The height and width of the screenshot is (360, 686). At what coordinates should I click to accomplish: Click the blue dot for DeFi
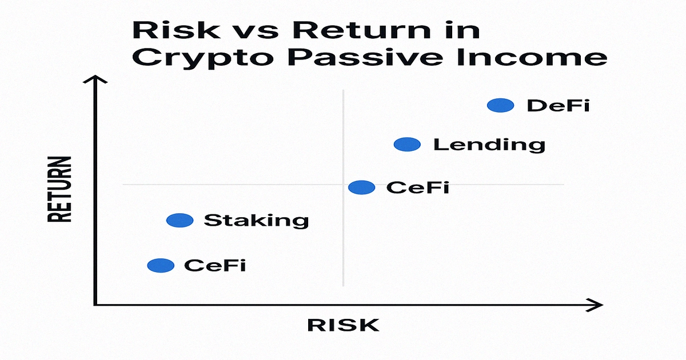coord(501,105)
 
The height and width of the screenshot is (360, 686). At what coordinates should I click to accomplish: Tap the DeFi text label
coord(558,106)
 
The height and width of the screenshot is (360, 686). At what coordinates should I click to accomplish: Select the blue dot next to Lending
coord(407,145)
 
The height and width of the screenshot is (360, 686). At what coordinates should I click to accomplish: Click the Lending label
coord(489,145)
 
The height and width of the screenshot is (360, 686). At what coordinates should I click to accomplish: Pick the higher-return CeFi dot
coord(361,187)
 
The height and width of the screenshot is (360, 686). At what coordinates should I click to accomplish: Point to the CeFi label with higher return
coord(417,187)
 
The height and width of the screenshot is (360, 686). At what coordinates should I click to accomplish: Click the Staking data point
coord(180,220)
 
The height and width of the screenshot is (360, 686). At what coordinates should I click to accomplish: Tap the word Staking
coord(256,221)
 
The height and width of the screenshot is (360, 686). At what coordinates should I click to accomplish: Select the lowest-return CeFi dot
coord(161,265)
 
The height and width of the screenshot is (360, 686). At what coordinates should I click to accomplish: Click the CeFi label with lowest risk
coord(215,266)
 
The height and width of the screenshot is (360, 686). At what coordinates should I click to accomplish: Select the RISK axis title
coord(343,325)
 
